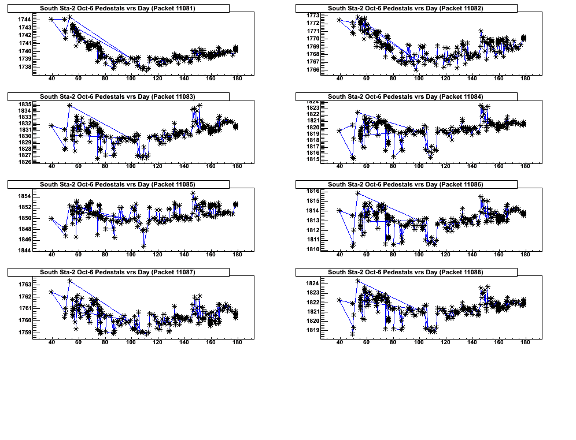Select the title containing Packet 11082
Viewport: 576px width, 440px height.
coord(405,8)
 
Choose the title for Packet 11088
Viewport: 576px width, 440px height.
coord(405,272)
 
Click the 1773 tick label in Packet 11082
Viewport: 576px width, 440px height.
coord(312,15)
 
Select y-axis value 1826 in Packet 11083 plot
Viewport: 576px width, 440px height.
coord(24,162)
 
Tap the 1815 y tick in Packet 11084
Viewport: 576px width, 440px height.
coord(312,159)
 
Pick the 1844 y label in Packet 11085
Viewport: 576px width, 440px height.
coord(24,250)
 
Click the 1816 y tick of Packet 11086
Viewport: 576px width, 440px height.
coord(312,191)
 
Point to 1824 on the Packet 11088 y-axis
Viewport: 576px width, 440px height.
coord(312,284)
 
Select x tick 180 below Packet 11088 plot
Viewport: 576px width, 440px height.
coord(525,342)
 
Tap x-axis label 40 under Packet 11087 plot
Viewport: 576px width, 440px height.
coord(51,342)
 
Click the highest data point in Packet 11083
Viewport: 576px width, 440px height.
coord(69,105)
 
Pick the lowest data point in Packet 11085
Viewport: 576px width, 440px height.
coord(143,246)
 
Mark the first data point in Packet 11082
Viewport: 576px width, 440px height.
coord(339,20)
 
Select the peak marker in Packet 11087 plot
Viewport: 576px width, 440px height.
coord(69,281)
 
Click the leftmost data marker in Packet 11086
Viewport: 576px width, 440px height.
coord(339,211)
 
